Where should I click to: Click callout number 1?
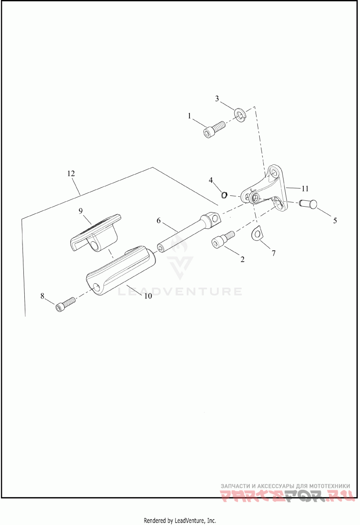(189, 116)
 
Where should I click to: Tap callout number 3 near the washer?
(217, 99)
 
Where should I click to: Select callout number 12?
(71, 173)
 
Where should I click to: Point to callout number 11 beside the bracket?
(305, 189)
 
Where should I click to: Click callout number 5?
(335, 221)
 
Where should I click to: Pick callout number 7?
(274, 253)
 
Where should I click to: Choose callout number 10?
(148, 296)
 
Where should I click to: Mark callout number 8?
(42, 296)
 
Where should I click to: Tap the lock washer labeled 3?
(241, 115)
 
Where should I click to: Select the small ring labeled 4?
(225, 194)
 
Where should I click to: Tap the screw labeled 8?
(66, 303)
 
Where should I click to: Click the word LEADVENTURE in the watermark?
(180, 291)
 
